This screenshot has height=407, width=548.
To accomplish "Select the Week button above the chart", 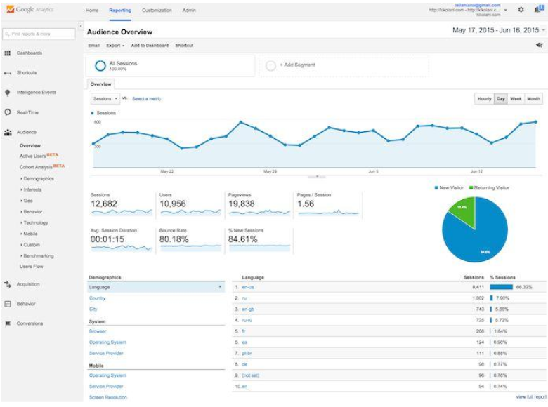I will [516, 99].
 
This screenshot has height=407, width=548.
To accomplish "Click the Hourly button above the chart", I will [484, 99].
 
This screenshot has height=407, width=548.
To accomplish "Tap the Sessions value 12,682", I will [105, 204].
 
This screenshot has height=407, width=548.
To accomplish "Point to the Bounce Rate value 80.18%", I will [174, 239].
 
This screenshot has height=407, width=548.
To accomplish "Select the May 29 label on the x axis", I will [270, 171].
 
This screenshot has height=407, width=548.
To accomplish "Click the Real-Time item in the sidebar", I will [27, 112].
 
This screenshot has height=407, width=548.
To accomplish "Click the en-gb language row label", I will [247, 309].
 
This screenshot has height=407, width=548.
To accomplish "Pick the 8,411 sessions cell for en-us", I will [478, 287].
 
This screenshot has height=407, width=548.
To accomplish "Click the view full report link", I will [531, 397].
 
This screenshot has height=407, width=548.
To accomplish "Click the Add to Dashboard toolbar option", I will [150, 46].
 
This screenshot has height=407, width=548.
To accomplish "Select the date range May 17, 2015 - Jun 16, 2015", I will [497, 30].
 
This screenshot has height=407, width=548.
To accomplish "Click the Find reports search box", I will [39, 34].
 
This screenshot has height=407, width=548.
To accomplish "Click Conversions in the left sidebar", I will [30, 323].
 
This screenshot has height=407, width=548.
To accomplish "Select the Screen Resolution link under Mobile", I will [107, 397].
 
